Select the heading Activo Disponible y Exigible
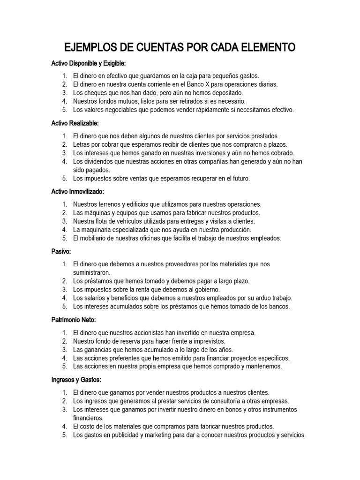tap(88, 63)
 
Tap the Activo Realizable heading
tap(75, 123)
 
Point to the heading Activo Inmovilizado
tap(77, 191)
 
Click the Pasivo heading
tap(61, 251)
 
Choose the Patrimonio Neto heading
tap(73, 320)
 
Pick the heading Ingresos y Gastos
tap(76, 379)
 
